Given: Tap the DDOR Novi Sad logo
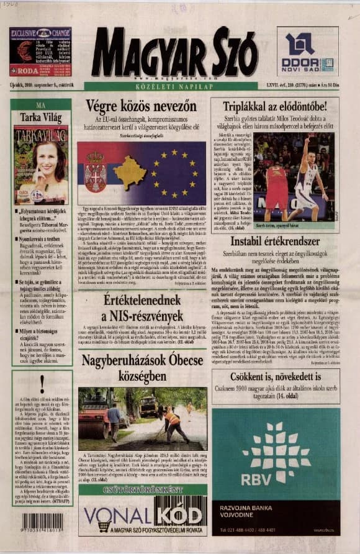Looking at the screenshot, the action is pyautogui.click(x=308, y=52).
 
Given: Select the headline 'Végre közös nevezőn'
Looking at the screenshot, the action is pyautogui.click(x=143, y=106).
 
